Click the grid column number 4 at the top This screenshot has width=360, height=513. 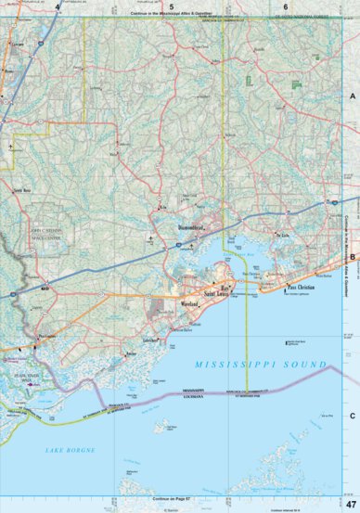click(58, 6)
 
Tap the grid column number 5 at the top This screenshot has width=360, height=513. click(172, 6)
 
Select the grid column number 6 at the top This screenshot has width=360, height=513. click(286, 6)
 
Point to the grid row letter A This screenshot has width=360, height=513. click(353, 96)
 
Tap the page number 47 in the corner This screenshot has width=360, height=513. click(351, 502)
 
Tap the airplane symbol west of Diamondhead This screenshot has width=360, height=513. click(150, 239)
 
